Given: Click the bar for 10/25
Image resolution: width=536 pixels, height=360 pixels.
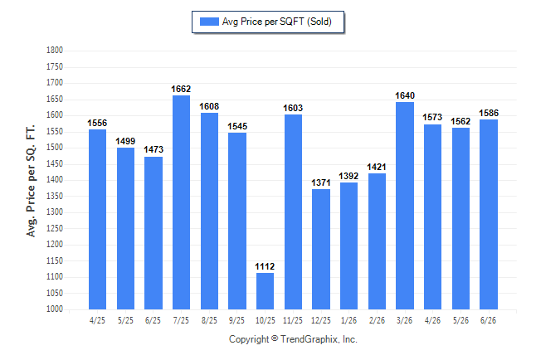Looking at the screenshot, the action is [265, 291].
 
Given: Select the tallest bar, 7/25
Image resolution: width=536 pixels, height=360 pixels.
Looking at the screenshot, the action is [181, 202].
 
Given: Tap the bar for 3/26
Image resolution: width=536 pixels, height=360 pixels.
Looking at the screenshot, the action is [405, 206].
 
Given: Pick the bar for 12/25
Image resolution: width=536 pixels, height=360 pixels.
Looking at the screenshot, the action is [321, 249].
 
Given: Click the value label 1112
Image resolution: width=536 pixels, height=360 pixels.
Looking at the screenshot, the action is [265, 266].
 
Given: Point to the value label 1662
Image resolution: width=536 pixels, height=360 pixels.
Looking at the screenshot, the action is [181, 89].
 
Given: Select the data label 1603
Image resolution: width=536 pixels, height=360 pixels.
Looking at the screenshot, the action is [293, 108].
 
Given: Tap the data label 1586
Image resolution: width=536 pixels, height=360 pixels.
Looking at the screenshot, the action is [489, 113].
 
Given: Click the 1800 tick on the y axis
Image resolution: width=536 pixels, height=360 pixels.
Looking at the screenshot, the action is [55, 51].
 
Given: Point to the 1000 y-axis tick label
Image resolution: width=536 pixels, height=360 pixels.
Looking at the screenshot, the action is [55, 309].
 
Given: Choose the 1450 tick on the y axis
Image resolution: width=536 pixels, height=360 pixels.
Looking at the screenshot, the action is [55, 163].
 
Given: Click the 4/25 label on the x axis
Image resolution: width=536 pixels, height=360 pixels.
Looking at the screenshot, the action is [97, 320].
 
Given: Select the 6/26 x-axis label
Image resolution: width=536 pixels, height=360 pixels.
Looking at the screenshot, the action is [488, 320].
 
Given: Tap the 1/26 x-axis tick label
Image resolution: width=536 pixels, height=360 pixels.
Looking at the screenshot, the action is [349, 320].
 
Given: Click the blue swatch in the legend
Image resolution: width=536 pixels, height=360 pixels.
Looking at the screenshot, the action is [209, 22].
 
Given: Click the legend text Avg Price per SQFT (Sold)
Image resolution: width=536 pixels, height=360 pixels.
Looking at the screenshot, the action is [277, 22].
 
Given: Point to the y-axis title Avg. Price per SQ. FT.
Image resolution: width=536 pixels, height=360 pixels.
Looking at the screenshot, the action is [31, 181].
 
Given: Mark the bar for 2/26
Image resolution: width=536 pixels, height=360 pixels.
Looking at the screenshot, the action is [377, 241].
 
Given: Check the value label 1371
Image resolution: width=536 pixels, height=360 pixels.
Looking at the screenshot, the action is [321, 183].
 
